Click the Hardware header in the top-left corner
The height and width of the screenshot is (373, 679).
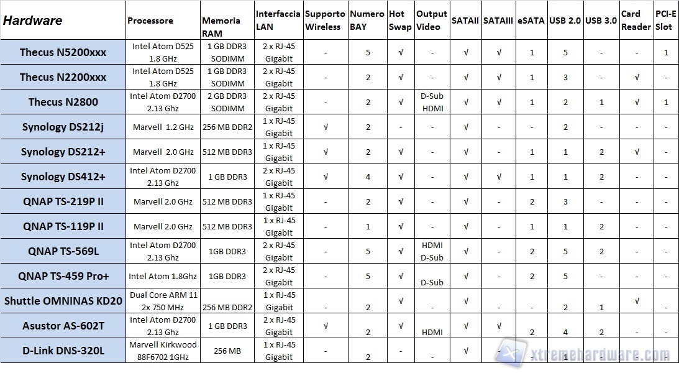tap(33, 20)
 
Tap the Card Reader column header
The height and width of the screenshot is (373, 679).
tap(636, 20)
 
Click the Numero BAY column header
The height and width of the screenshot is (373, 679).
tap(367, 20)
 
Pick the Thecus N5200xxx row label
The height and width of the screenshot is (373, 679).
tap(63, 52)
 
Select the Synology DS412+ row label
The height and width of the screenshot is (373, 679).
tap(63, 177)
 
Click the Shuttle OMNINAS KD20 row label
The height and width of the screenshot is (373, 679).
tap(63, 301)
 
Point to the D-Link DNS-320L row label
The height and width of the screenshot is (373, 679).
tap(63, 351)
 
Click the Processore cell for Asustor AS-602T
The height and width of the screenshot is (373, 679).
tap(163, 326)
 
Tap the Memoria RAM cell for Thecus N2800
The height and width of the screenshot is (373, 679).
tap(227, 102)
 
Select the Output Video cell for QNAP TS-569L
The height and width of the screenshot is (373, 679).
tap(432, 251)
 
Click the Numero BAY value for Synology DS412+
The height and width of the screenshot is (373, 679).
tap(368, 177)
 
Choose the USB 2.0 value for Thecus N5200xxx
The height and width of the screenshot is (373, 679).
tap(565, 52)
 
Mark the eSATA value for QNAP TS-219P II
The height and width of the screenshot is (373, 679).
tap(532, 201)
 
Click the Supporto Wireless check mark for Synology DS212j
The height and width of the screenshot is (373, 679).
tap(326, 127)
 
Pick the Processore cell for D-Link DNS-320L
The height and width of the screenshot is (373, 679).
tap(163, 351)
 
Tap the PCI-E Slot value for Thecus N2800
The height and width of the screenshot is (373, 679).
tap(666, 102)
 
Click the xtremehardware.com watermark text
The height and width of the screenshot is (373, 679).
tap(596, 355)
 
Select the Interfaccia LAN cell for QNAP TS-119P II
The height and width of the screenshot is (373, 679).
tap(278, 226)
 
